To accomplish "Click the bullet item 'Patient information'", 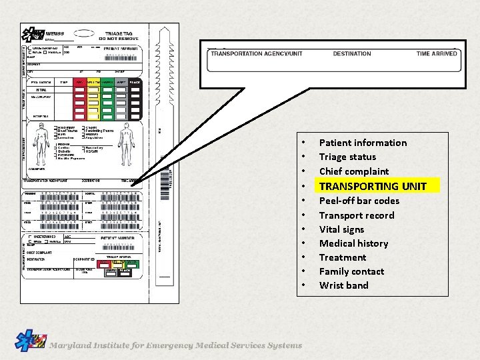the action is [363, 143].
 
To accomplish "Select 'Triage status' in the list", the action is [347, 157].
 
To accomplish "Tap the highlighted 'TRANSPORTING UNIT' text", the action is [378, 186].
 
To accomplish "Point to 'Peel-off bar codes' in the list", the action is [359, 201].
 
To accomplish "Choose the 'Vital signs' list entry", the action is [341, 229].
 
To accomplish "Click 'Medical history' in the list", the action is [353, 243].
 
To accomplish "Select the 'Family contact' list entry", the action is [351, 271].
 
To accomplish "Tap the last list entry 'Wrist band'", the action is [343, 285].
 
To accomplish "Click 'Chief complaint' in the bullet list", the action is [354, 171].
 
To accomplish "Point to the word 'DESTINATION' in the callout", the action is [352, 54].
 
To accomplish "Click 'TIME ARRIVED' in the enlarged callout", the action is [437, 54].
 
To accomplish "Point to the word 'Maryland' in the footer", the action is [71, 345].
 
